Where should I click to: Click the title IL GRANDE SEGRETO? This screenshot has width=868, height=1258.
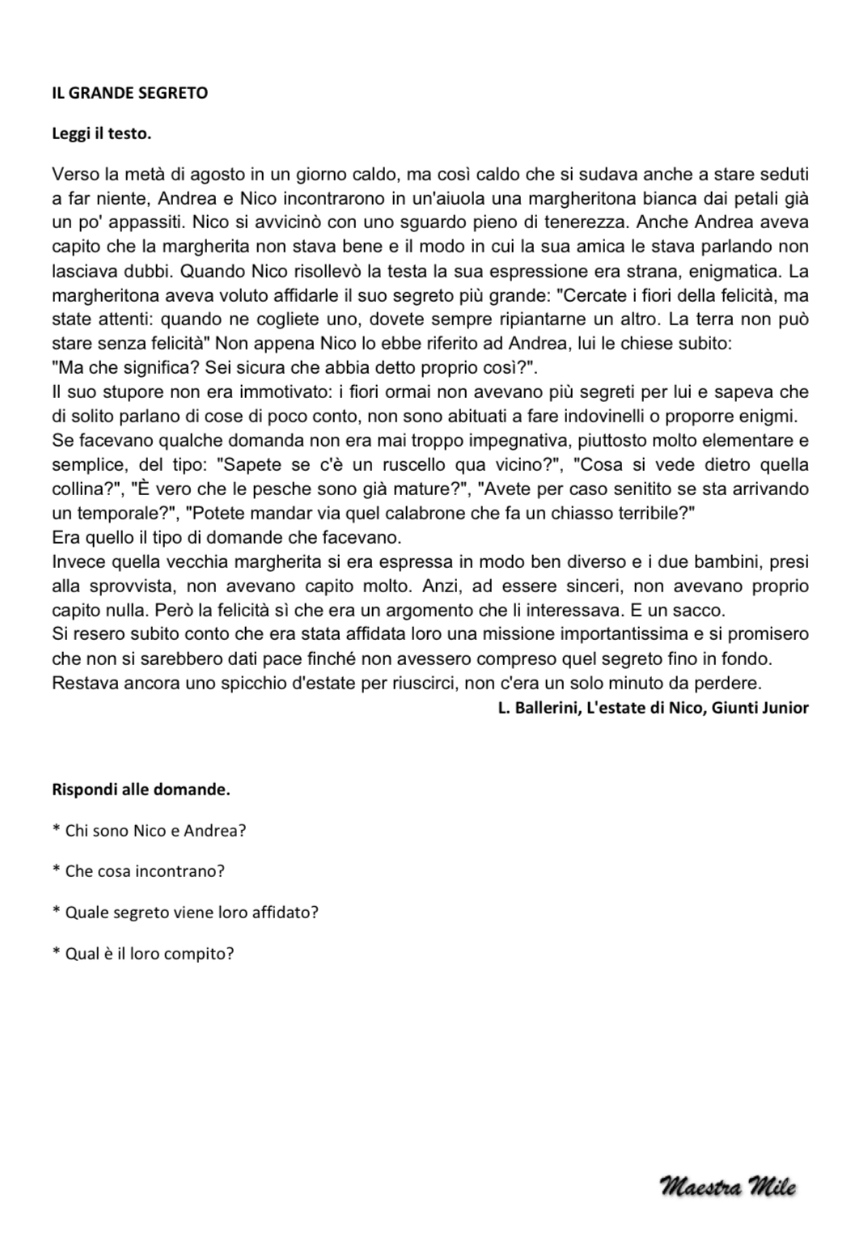[x=129, y=93]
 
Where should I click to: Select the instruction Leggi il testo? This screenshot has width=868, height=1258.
[x=101, y=133]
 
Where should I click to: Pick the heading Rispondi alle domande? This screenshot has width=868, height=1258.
[x=141, y=790]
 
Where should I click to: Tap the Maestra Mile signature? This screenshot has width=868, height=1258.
[x=728, y=1188]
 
